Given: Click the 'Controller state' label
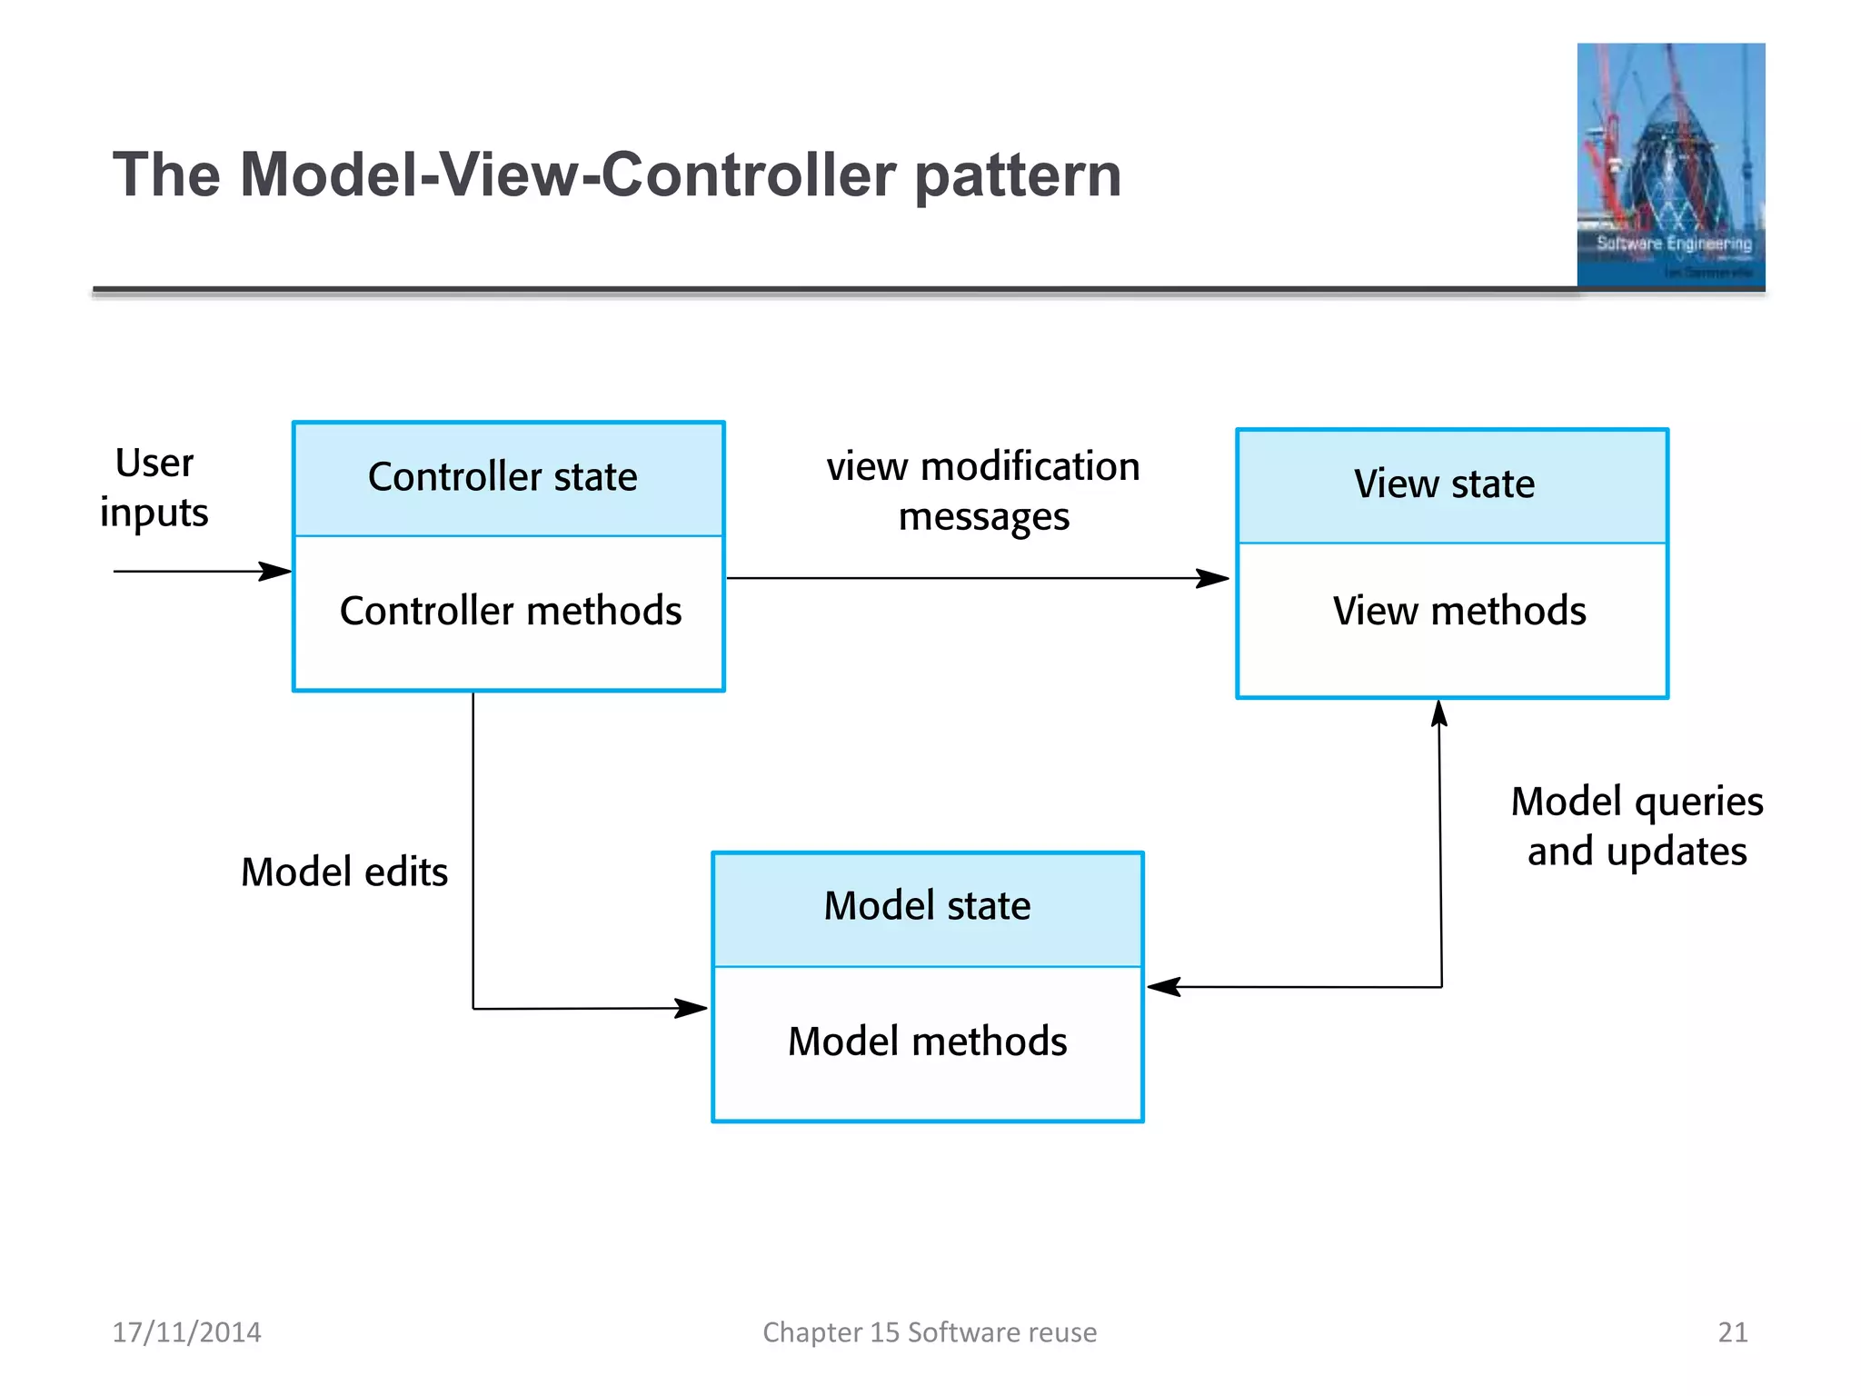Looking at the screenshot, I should coord(503,477).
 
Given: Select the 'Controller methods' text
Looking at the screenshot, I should coord(510,611).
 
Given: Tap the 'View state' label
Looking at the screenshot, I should coord(1444,484).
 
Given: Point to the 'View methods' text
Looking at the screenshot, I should coord(1458,611).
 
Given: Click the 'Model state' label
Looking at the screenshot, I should coord(927,906).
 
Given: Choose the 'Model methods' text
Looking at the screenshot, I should coord(927,1042).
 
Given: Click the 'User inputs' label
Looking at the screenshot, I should coord(154,488).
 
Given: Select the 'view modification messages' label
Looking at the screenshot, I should coord(983,492).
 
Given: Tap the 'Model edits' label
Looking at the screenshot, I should coord(344,872).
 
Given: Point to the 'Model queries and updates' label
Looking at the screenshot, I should coord(1637,826).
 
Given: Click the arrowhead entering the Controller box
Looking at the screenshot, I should coord(275,572).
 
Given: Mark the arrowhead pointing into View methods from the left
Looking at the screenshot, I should coord(1213,578).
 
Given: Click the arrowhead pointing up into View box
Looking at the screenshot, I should coord(1439,714).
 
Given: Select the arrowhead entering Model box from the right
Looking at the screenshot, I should coord(1163,987).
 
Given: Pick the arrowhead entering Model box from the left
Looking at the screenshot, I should coord(692,1008).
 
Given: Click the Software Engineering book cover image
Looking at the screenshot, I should coord(1670,165).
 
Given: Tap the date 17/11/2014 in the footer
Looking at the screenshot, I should coord(186,1332).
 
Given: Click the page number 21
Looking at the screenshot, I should coord(1732,1332).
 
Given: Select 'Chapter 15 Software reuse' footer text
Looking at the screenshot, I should coord(930,1332).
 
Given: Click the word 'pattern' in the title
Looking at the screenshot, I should coord(1018,174).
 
